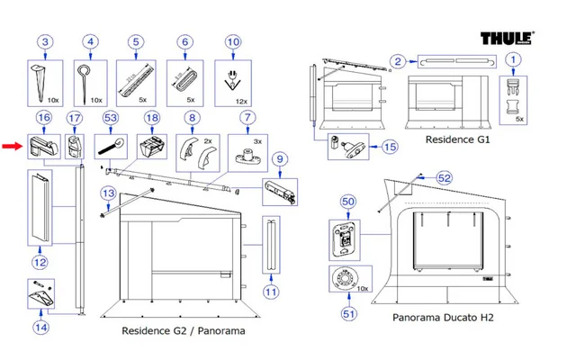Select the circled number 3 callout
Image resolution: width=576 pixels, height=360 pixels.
coord(46,41)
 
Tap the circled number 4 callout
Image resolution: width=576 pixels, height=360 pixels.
coord(90,41)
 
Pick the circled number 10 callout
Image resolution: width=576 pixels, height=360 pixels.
coord(136,41)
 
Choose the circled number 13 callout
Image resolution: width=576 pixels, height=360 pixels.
coord(109,193)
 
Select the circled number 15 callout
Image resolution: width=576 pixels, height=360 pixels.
coord(390,146)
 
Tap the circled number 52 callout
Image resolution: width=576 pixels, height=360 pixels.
coord(444,178)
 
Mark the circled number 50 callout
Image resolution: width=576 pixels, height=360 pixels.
coord(348,203)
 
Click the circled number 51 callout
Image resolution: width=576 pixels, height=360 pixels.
coord(348,313)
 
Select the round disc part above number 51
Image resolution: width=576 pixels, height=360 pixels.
coord(345,280)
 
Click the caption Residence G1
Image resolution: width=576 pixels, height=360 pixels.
coord(457,142)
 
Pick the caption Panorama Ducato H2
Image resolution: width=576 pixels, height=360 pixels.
coord(443,318)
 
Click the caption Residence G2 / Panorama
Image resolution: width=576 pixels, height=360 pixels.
coord(184,330)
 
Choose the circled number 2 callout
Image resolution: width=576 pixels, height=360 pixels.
coord(397,61)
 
